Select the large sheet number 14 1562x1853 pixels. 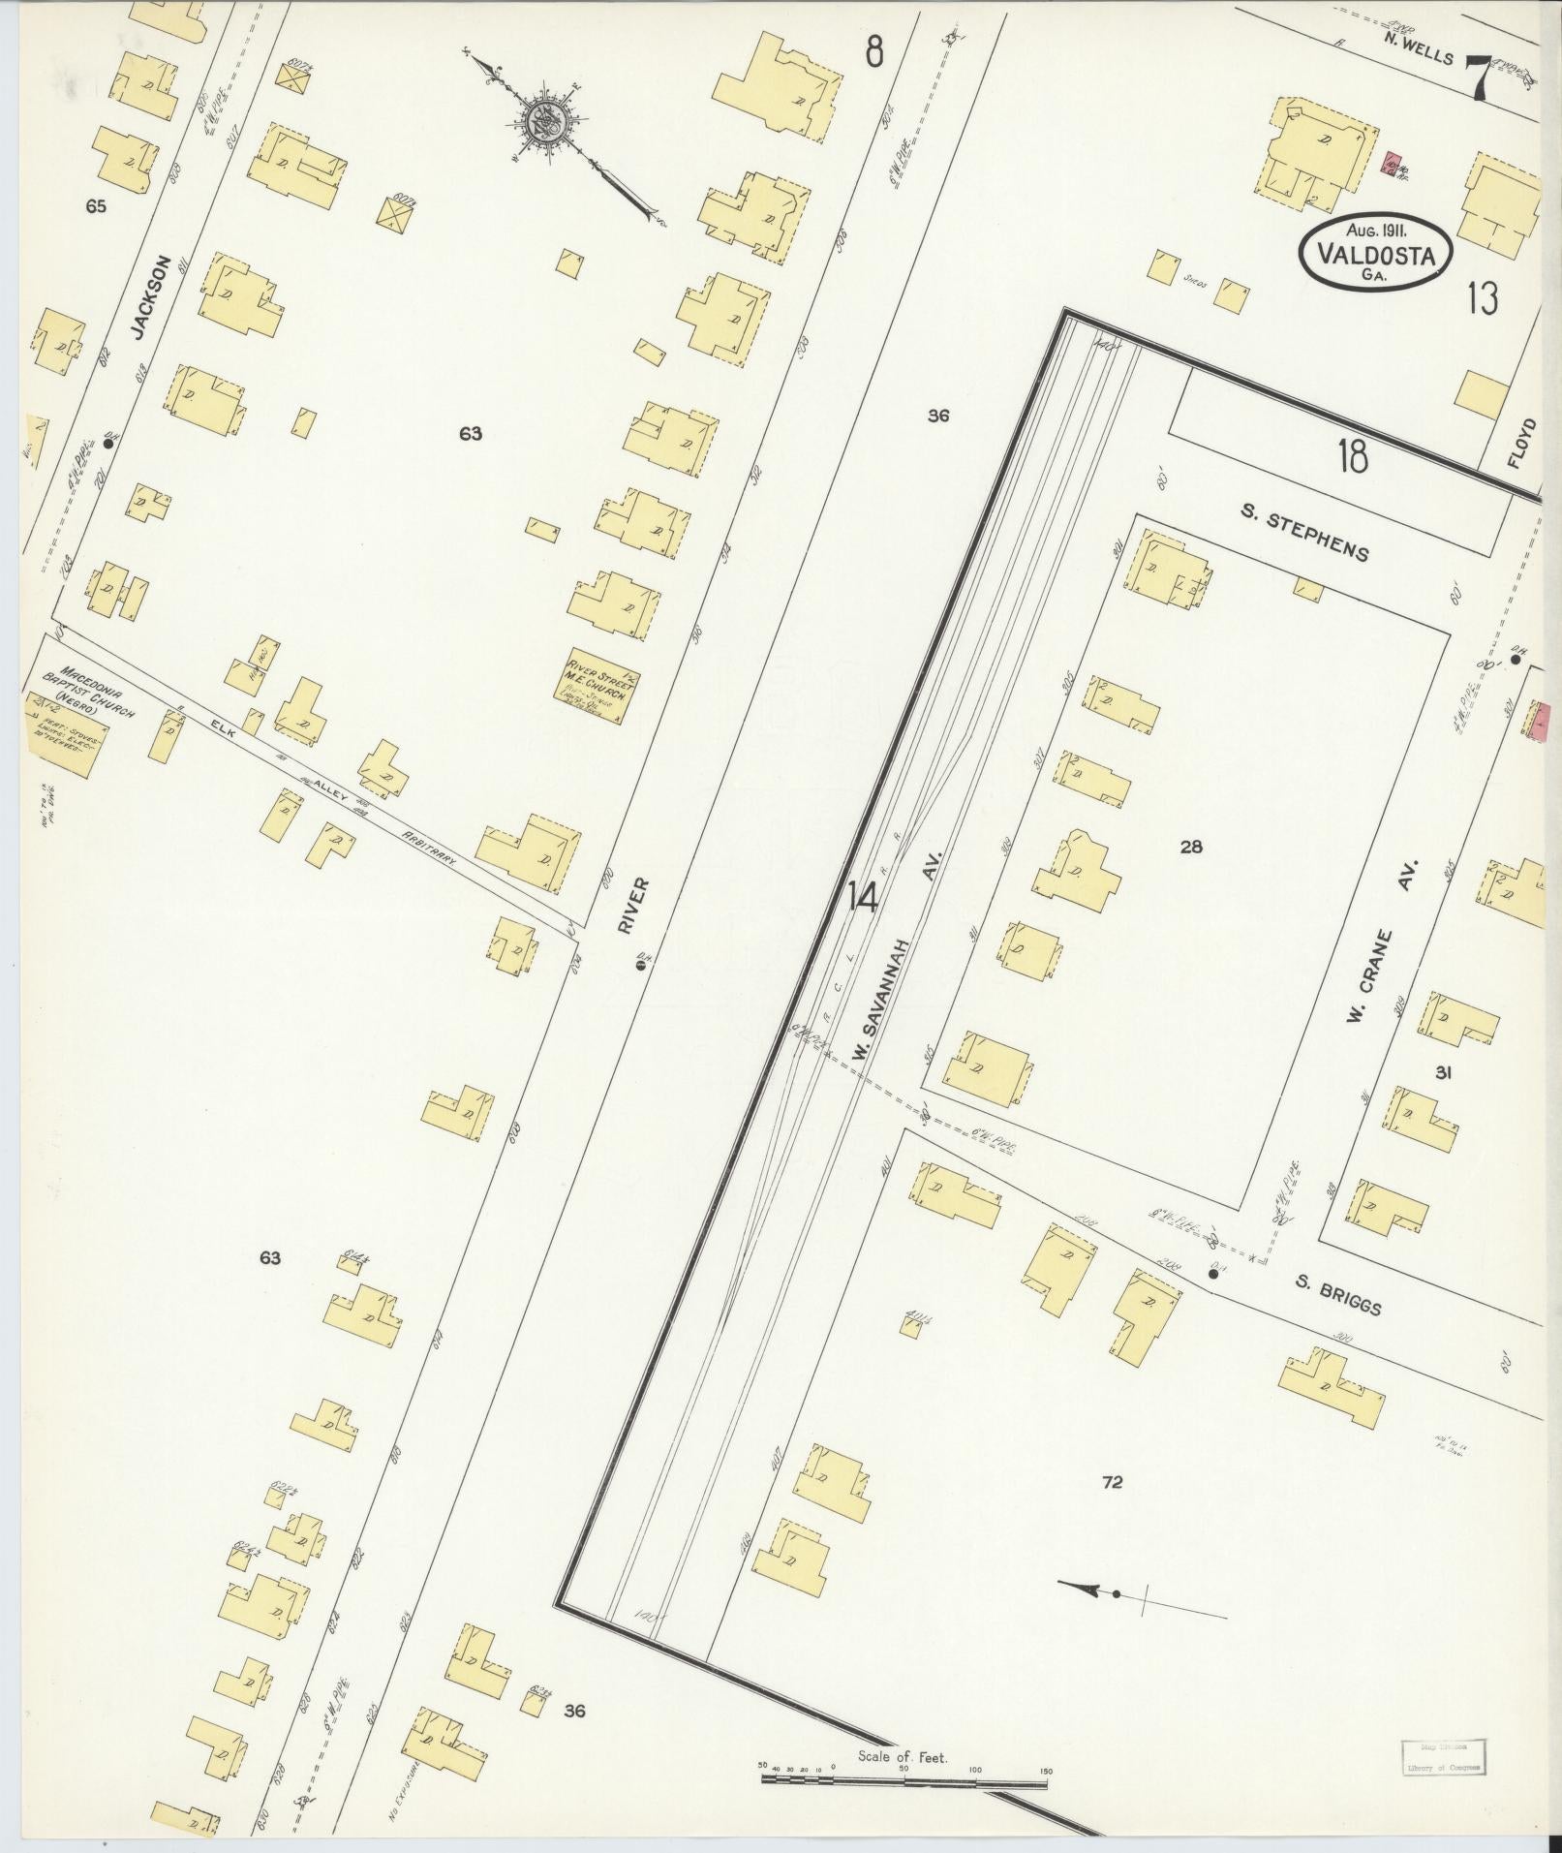tap(862, 898)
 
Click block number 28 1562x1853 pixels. tap(1191, 847)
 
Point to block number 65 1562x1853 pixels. tap(95, 206)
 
